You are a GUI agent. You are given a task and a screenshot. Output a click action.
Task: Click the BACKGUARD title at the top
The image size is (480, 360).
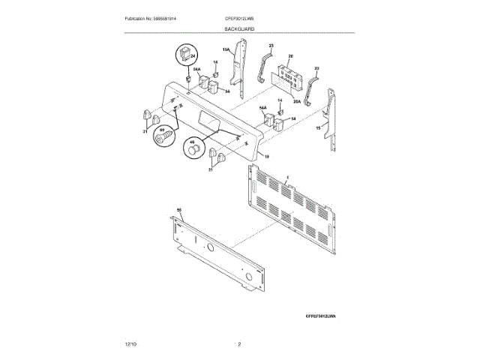click(238, 28)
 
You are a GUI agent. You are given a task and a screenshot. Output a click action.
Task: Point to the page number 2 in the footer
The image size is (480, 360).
click(239, 343)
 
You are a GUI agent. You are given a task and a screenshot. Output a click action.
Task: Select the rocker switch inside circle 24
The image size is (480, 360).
click(182, 54)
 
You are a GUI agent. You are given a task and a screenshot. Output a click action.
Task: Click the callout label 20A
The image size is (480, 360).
click(296, 102)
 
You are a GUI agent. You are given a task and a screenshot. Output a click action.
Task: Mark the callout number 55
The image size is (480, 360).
click(179, 210)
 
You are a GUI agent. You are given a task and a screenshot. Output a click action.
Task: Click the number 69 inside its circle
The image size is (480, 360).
click(160, 130)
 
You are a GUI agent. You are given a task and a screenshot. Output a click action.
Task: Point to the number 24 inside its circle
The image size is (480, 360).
click(192, 56)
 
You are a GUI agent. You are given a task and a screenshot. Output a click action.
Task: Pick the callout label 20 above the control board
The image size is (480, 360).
click(290, 56)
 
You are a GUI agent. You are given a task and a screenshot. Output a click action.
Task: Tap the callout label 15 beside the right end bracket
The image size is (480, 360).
click(318, 129)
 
